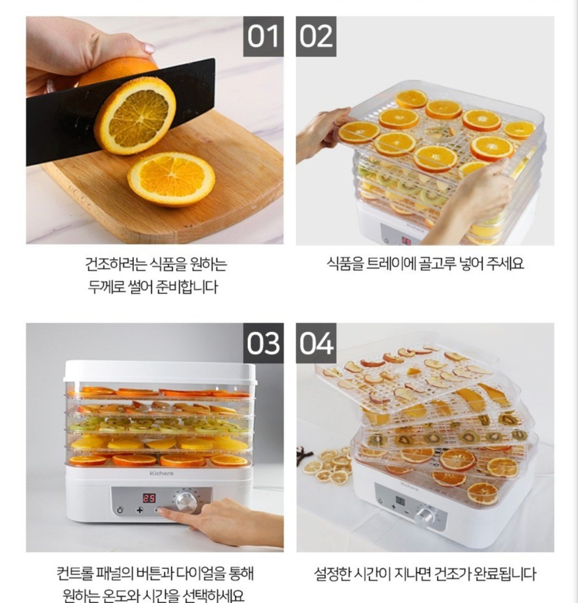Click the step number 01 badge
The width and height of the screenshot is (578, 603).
[x=263, y=36]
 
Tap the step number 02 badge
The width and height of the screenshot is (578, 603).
[x=316, y=36]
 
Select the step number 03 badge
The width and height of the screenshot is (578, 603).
[x=263, y=343]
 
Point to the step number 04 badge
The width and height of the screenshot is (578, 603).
[x=316, y=343]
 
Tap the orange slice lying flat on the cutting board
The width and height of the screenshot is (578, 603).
[x=171, y=179]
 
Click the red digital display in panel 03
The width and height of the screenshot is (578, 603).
[x=149, y=498]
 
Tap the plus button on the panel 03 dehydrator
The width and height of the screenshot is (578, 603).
[x=140, y=510]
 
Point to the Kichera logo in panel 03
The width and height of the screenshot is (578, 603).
[x=162, y=473]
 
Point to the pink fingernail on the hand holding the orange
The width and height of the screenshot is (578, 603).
[x=149, y=48]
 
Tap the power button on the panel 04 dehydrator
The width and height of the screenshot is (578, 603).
[x=380, y=501]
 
